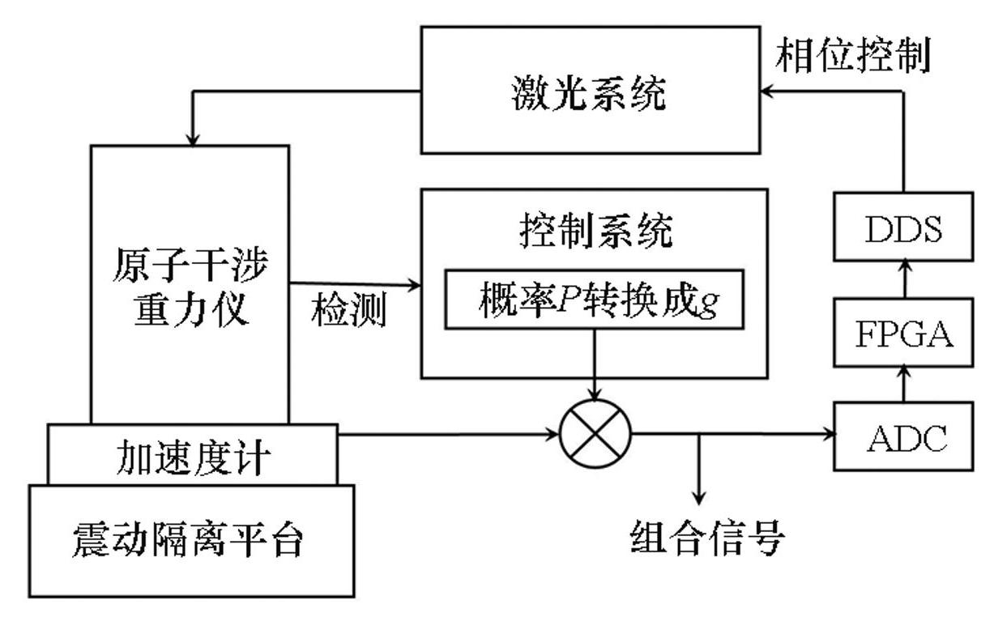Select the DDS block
point(903,229)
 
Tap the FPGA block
point(903,334)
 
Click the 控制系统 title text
point(594,233)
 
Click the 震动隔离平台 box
point(191,540)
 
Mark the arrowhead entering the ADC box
point(830,435)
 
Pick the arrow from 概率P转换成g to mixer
point(595,364)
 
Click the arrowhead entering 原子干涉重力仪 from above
point(191,139)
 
